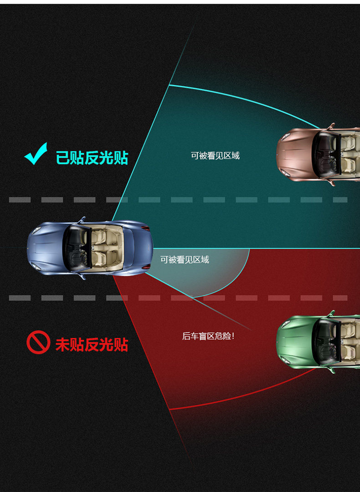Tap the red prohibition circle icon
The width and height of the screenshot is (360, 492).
[38, 343]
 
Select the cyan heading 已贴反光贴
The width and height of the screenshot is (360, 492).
[92, 158]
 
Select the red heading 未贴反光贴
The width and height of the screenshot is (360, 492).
[92, 344]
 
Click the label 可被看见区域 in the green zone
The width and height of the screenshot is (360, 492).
[215, 156]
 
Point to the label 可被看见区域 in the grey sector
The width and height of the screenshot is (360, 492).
[185, 260]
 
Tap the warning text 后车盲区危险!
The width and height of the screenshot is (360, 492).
[208, 337]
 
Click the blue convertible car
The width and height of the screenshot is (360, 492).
[89, 249]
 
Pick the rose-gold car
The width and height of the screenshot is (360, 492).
[319, 155]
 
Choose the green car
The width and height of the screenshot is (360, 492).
[319, 342]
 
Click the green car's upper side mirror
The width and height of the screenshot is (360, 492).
[331, 314]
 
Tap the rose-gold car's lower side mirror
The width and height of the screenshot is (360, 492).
[331, 183]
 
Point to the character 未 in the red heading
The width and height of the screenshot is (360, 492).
[63, 344]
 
